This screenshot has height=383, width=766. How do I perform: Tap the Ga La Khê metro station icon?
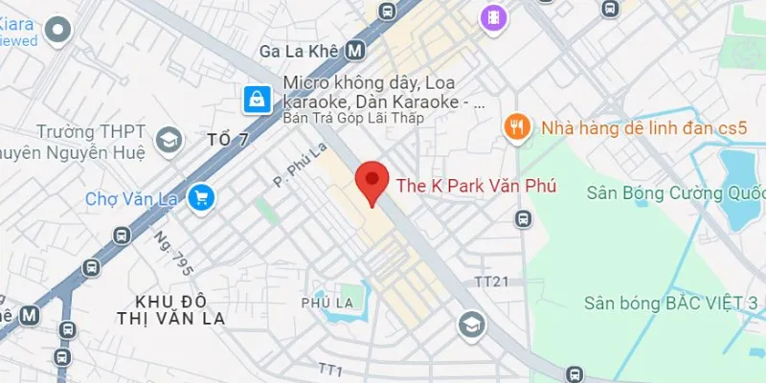pos(356,50)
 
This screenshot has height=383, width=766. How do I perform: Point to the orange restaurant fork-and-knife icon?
pos(518,126)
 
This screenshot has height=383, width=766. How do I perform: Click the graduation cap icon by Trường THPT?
pos(169,141)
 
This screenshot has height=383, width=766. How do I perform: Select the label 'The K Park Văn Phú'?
pos(476,186)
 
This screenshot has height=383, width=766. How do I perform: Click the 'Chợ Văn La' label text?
pos(133,199)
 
